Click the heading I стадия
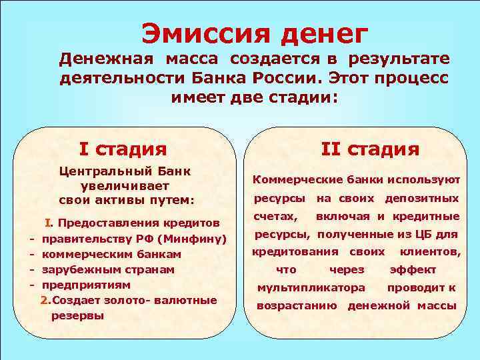click(123, 147)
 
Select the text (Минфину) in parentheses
click(196, 239)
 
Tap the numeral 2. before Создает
click(45, 300)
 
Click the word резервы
click(77, 315)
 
